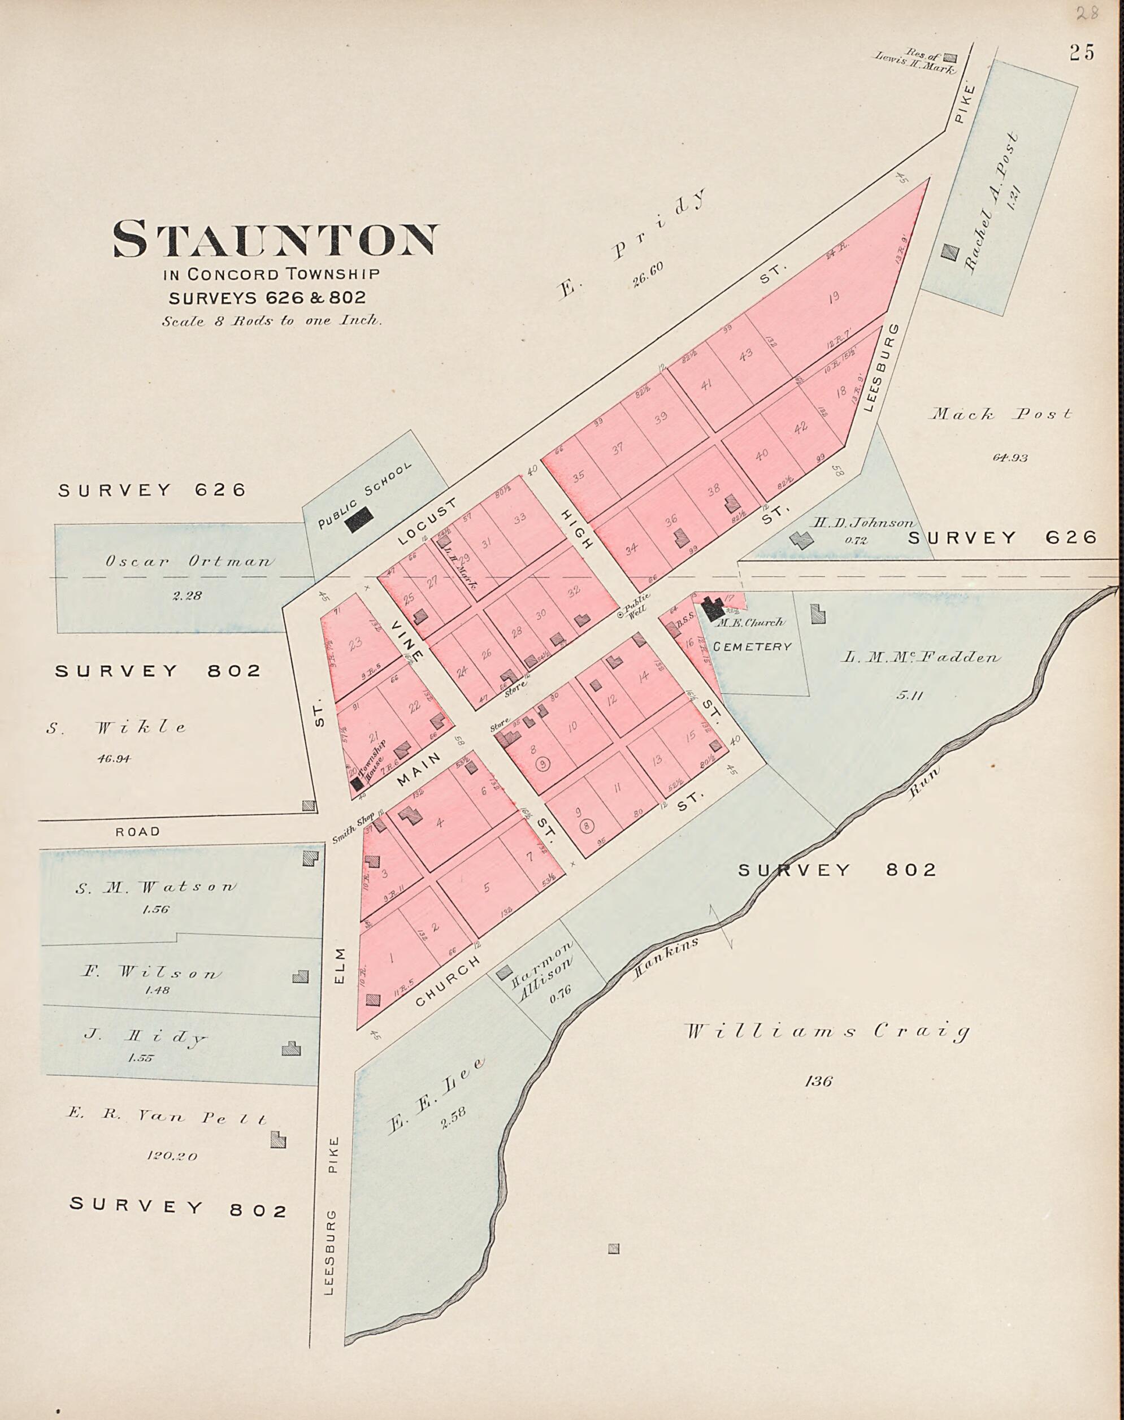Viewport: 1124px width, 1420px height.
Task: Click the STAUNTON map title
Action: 275,239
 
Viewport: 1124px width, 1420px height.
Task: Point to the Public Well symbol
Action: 619,615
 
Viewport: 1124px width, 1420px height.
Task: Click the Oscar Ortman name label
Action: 188,562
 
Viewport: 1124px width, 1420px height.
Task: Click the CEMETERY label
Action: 752,647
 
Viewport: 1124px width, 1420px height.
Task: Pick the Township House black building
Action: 357,784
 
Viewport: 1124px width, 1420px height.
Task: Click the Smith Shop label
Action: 353,828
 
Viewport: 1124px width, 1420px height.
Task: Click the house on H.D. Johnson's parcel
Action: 801,540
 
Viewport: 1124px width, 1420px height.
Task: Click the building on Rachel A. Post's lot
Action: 949,252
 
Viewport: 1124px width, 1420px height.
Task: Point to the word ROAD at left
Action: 137,832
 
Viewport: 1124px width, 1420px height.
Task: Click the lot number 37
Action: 617,449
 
